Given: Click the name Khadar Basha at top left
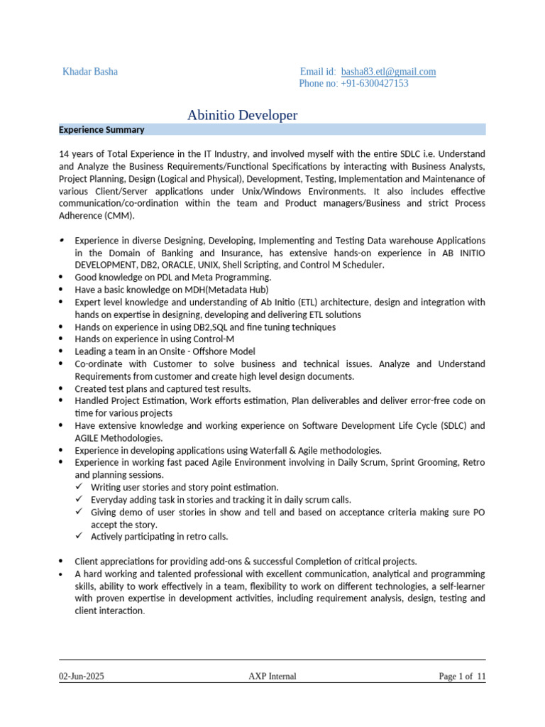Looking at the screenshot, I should [90, 72].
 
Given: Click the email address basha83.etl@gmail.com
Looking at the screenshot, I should [388, 72].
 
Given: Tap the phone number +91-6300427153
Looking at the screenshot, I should [373, 83].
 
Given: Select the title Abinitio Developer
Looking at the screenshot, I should [242, 115].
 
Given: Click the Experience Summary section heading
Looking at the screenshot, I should [101, 130].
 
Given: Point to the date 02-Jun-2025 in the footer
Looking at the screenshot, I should [81, 677].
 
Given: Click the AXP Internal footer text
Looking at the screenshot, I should [272, 677].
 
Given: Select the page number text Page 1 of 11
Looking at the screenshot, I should [462, 677].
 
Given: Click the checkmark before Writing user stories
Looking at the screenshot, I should [79, 487].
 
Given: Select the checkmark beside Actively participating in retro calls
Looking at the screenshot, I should [79, 536].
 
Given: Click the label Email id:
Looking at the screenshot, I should [317, 72].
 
